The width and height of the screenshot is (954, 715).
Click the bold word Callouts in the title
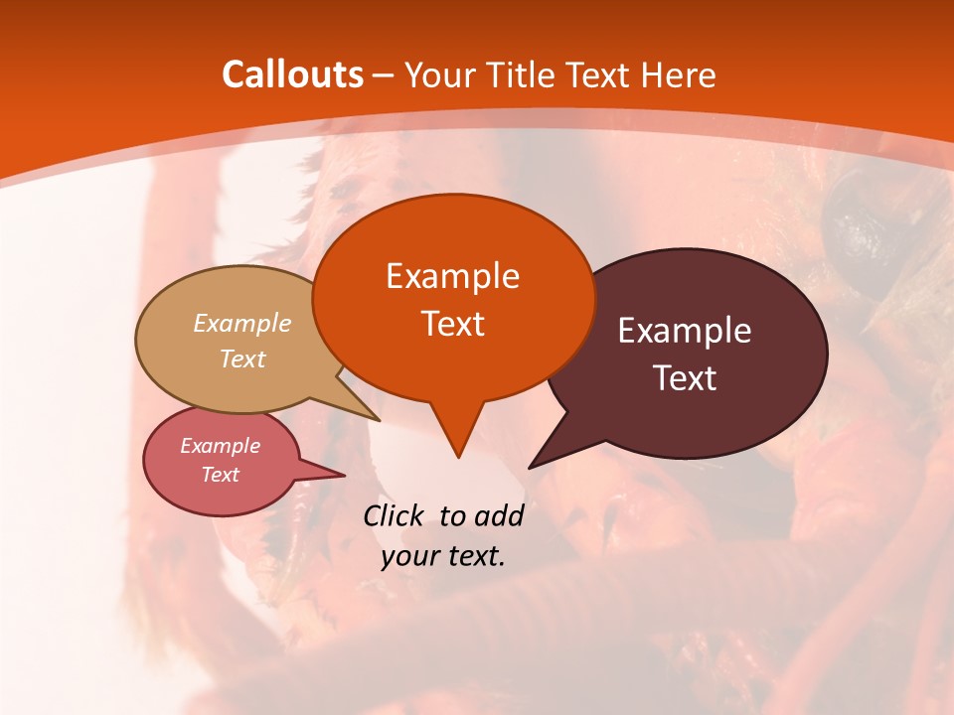[292, 74]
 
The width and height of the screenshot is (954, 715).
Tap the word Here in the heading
[680, 74]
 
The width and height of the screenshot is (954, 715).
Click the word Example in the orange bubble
[452, 276]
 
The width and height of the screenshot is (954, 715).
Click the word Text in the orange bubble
[452, 324]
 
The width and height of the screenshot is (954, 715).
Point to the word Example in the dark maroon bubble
[685, 331]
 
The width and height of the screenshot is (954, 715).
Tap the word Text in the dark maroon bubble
[685, 378]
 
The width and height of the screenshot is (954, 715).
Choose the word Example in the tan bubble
[242, 323]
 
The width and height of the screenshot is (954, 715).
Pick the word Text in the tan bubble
[242, 358]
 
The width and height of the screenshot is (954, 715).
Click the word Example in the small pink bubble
[221, 446]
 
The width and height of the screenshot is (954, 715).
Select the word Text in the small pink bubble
[221, 475]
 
